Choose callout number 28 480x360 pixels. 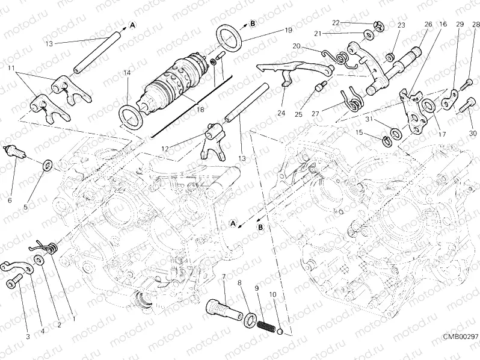pos(476,24)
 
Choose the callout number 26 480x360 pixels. pos(428,24)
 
